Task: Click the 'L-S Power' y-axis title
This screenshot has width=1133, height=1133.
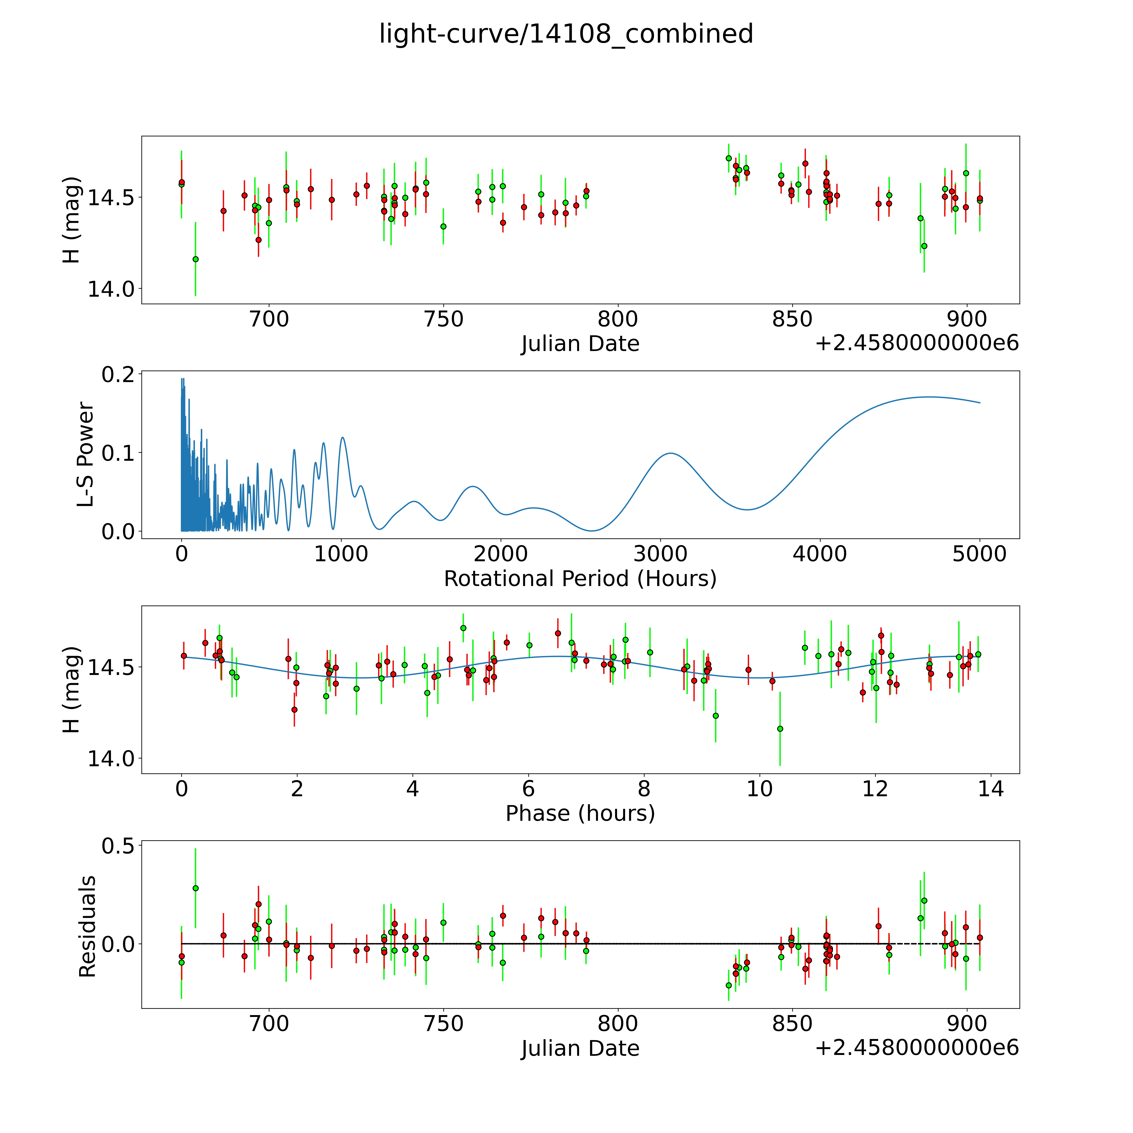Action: point(86,454)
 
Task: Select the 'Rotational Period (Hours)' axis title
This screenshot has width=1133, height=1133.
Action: point(580,579)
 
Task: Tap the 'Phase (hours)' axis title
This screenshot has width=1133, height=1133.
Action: point(580,813)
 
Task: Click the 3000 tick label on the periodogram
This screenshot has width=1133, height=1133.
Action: point(660,554)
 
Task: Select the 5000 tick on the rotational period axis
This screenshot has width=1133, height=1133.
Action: point(979,554)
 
